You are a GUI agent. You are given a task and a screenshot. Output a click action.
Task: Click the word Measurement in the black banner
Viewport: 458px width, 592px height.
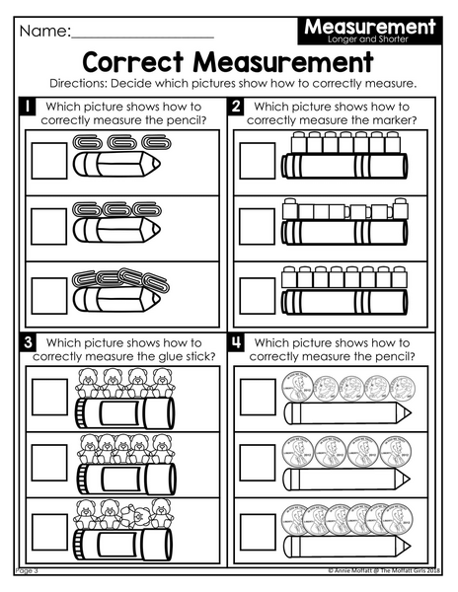tap(370, 27)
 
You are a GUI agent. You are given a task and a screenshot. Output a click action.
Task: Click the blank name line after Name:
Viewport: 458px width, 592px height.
tap(142, 37)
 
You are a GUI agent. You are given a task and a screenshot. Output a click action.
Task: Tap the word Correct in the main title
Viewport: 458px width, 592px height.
tap(133, 62)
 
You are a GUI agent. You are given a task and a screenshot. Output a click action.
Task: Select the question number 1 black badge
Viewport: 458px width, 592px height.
tap(28, 107)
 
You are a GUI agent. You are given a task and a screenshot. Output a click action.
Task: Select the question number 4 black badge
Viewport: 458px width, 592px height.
tap(236, 342)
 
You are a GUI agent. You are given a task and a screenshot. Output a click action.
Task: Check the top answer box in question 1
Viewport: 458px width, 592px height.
tap(49, 161)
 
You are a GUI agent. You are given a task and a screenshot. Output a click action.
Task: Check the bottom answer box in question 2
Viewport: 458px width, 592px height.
tap(258, 296)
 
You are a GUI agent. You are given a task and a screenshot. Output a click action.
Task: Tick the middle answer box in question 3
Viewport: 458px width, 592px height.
tap(49, 463)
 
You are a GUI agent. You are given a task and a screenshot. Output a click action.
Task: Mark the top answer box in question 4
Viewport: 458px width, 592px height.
tap(258, 398)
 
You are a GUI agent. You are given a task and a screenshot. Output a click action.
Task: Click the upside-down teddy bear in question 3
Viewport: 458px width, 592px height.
tap(135, 516)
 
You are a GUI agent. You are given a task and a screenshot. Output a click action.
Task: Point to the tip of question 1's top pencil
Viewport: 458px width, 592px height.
tap(160, 164)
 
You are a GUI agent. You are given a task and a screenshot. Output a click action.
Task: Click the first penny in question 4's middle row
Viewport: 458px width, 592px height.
tap(297, 452)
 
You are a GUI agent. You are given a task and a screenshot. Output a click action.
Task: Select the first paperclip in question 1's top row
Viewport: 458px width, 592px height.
tap(88, 143)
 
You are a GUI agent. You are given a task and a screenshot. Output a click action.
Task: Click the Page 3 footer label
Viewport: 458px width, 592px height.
tap(27, 570)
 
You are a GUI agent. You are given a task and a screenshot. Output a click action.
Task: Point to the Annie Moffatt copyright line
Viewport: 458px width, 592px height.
tap(384, 570)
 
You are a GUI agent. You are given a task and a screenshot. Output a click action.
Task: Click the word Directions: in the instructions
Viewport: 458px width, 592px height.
tap(78, 84)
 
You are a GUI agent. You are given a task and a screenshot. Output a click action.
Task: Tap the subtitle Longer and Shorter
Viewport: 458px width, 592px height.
tap(368, 39)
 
